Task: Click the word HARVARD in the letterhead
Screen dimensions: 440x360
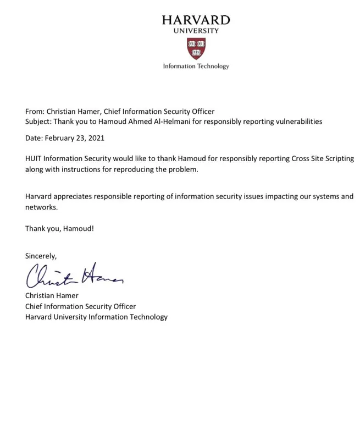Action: coord(196,20)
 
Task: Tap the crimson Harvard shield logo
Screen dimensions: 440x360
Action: coord(196,48)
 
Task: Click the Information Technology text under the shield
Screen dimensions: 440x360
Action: coord(196,66)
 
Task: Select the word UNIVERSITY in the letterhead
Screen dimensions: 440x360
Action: coord(196,31)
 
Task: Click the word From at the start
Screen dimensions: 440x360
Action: coord(34,112)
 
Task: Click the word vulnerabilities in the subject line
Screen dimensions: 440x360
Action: coord(296,121)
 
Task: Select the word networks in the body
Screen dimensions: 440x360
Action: coord(40,207)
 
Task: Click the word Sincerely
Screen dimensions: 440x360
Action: coord(41,256)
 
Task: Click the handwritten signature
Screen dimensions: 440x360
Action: coord(74,276)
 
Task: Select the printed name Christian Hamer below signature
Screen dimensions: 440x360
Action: coord(52,296)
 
